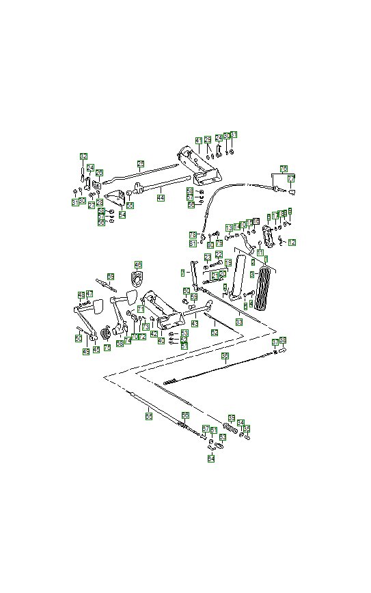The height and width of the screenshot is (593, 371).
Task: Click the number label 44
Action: [161, 198]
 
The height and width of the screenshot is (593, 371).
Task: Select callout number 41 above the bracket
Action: [199, 140]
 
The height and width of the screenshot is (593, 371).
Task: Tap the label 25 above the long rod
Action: [141, 164]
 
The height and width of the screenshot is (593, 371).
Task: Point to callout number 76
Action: [284, 168]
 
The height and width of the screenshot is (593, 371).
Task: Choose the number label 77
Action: [291, 179]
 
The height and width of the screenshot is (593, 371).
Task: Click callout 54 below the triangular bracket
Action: [122, 215]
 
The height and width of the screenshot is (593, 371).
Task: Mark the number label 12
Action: [292, 243]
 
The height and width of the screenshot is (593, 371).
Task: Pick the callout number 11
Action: [260, 253]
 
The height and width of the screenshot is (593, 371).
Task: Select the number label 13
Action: [229, 227]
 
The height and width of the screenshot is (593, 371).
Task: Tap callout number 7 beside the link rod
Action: [183, 272]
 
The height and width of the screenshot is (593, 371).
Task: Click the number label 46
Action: [138, 264]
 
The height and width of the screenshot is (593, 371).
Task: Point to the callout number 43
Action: [194, 324]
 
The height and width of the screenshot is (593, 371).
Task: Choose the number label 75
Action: [107, 348]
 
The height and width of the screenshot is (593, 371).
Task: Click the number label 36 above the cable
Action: [225, 357]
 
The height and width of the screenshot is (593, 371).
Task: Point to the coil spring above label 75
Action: [106, 334]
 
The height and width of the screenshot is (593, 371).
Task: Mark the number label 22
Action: [219, 255]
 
